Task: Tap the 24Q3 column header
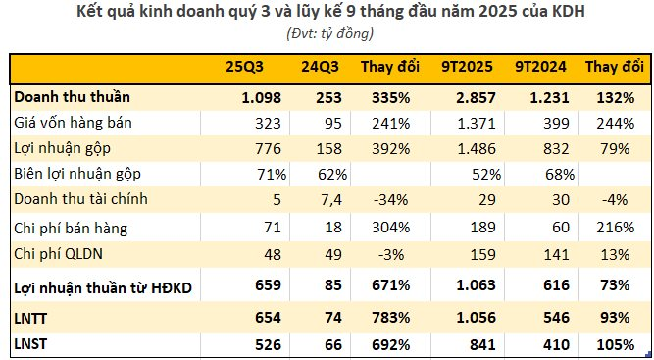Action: click(x=322, y=68)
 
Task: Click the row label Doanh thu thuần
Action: click(x=72, y=97)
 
